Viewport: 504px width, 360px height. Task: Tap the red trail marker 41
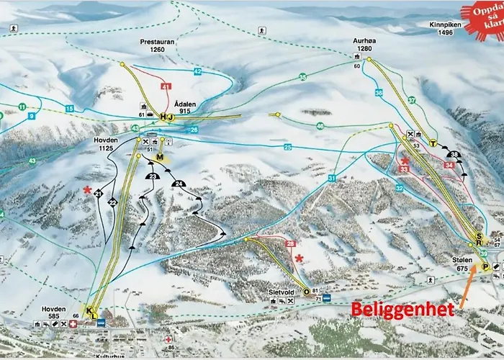[x=166, y=86]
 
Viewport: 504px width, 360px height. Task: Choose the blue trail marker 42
[x=197, y=72]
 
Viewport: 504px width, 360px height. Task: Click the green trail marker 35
[x=303, y=76]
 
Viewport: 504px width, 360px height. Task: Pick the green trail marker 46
[x=320, y=125]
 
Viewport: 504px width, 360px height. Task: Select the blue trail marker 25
[x=287, y=148]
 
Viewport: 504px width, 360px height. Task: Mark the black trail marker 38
[x=453, y=155]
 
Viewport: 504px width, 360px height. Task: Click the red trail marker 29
[x=292, y=245]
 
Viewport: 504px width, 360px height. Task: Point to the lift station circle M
[x=161, y=158]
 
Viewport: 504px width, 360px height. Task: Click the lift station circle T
[x=433, y=143]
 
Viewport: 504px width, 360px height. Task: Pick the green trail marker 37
[x=412, y=99]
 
